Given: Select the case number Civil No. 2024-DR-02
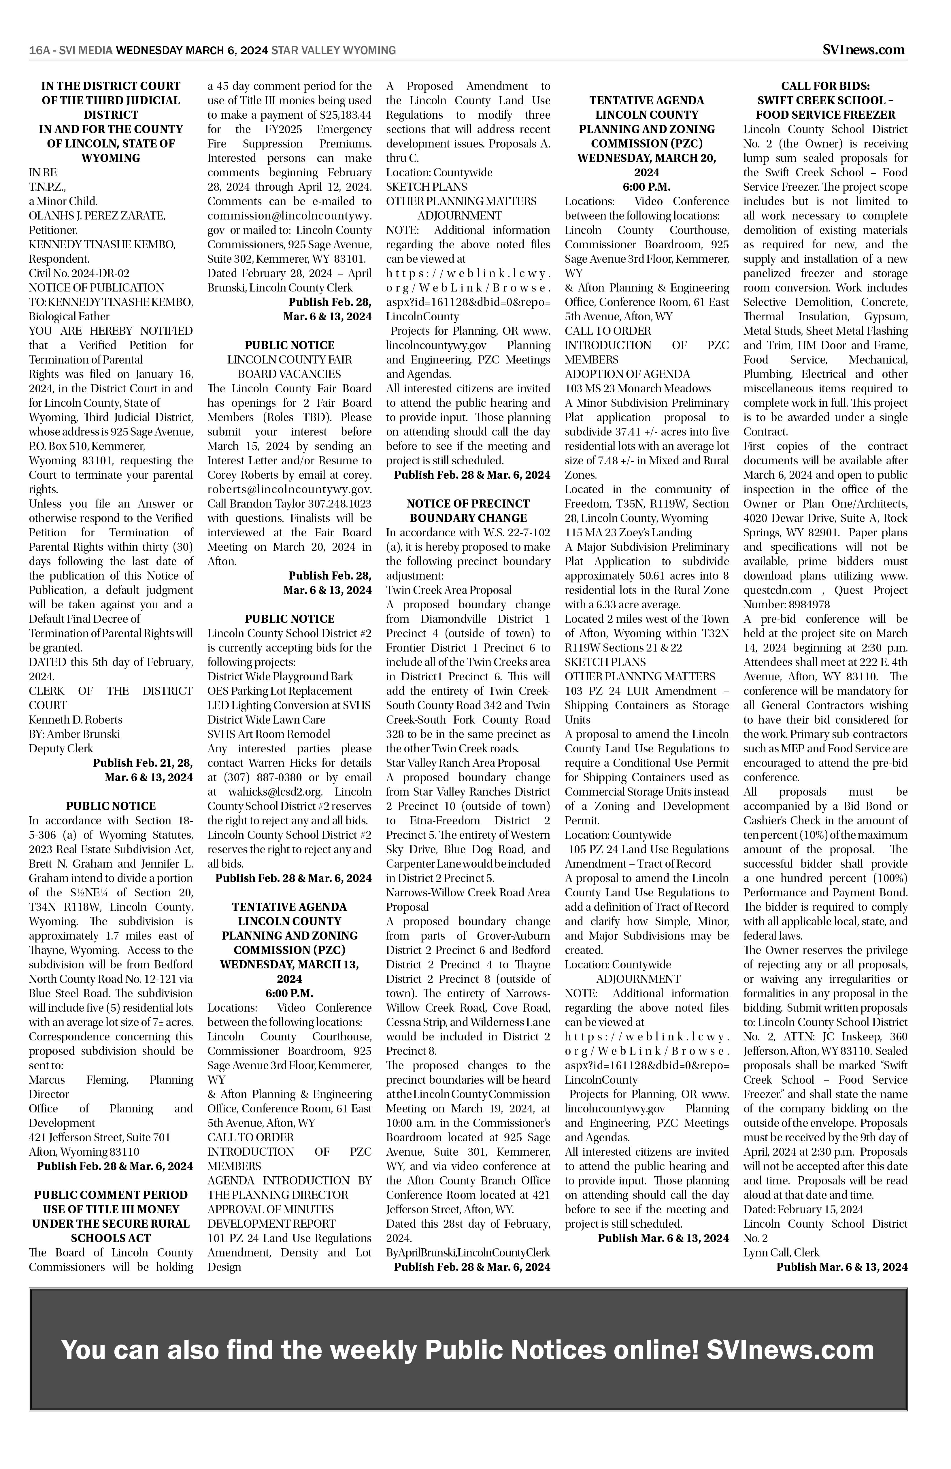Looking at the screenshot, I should point(79,273).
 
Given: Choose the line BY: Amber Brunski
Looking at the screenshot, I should point(74,734).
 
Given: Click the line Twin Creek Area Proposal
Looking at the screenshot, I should point(449,589).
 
